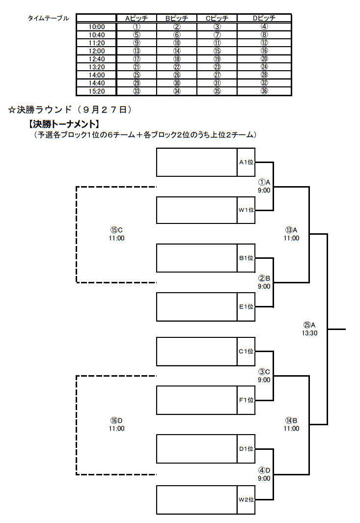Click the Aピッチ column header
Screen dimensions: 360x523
tap(137, 18)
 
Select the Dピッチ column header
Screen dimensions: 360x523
tap(264, 18)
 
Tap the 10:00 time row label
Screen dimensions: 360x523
tap(96, 27)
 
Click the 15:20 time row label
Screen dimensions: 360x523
tap(96, 91)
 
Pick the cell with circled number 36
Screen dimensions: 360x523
tap(264, 91)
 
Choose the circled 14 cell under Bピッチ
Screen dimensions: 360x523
tap(177, 51)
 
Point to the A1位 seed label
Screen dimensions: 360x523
tap(246, 162)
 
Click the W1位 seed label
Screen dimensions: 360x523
tap(246, 210)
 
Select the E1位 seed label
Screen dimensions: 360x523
tap(246, 306)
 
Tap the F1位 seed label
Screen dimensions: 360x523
tap(246, 400)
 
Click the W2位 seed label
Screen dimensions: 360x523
tap(246, 499)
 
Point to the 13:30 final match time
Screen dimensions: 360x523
tap(309, 333)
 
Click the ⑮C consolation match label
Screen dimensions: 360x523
tap(116, 230)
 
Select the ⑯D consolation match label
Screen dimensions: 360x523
tap(116, 420)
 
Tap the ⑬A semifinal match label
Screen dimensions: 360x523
tap(291, 230)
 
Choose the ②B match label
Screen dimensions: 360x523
tap(264, 278)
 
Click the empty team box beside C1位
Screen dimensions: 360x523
tap(197, 352)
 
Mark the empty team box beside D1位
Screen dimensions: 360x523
tap(197, 449)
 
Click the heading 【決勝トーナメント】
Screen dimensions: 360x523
tap(63, 124)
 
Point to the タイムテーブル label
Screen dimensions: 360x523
tap(49, 18)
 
